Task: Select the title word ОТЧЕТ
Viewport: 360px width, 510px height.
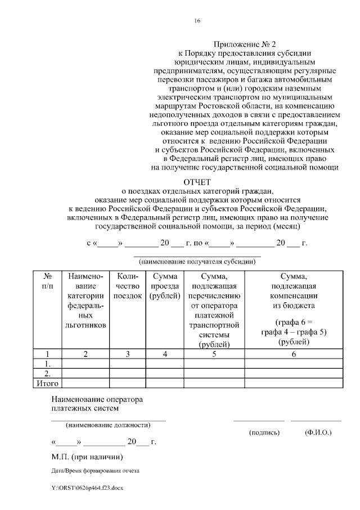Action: coord(197,182)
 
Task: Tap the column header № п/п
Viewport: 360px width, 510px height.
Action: coord(48,281)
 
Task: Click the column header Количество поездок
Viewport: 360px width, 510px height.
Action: coord(128,286)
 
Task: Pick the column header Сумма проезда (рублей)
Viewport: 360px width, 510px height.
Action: coord(164,286)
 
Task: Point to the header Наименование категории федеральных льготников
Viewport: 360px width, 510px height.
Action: coord(85,301)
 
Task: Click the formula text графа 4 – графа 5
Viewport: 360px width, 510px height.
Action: coord(294,332)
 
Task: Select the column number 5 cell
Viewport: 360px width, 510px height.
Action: coord(214,354)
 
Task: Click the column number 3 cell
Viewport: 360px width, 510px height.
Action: coord(128,354)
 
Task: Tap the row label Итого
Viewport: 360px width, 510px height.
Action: coord(48,383)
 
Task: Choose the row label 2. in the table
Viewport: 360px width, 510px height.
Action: coord(48,373)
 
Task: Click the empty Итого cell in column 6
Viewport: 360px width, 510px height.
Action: coord(293,383)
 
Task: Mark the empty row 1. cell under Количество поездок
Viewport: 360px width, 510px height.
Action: coord(128,364)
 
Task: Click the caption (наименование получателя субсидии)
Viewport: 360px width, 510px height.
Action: coord(197,262)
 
